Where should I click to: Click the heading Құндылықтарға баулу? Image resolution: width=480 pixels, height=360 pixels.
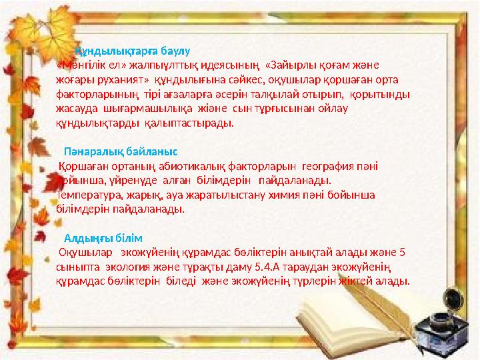coord(133,51)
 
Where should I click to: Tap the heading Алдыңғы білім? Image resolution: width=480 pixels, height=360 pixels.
coord(103,238)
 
